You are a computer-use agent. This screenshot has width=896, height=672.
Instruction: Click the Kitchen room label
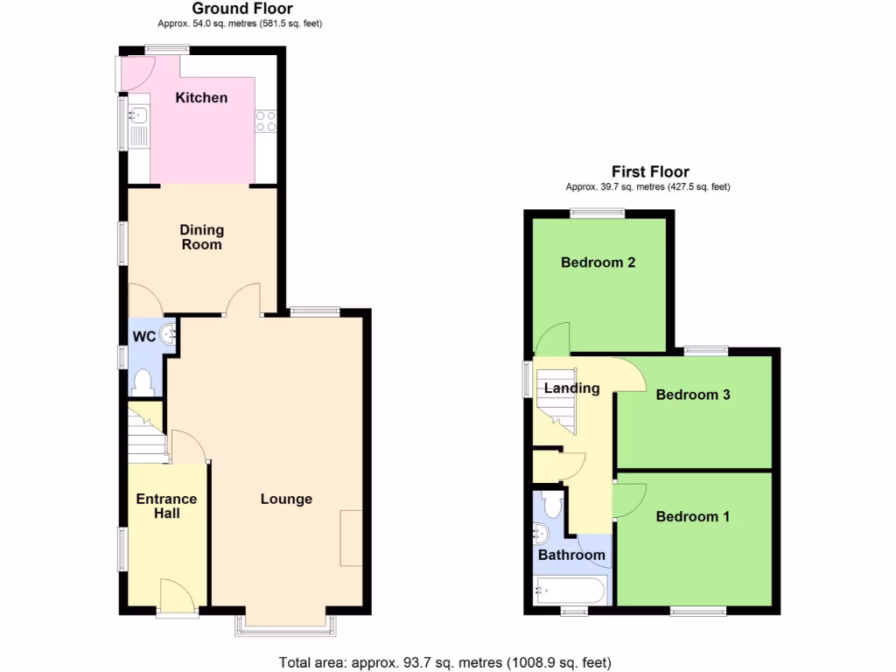[201, 98]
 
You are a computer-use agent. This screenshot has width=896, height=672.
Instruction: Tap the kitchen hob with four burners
[266, 121]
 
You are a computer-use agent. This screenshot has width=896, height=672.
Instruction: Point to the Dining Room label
[202, 237]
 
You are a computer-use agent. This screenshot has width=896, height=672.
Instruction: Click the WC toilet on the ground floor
[143, 382]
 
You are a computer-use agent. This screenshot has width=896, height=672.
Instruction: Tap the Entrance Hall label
[166, 506]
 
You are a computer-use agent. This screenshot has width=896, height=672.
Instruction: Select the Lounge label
[286, 500]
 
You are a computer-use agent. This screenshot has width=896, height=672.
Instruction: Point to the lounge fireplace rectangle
[351, 537]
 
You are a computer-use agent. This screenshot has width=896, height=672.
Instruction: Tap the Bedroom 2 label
[598, 262]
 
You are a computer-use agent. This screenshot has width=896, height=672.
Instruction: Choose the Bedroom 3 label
[693, 395]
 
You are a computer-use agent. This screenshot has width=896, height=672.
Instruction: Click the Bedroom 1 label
[693, 516]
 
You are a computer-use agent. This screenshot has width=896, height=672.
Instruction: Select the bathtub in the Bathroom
[570, 591]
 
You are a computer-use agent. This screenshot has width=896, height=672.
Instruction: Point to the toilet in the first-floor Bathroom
[551, 505]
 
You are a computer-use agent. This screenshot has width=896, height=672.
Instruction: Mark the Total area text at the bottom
[444, 662]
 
